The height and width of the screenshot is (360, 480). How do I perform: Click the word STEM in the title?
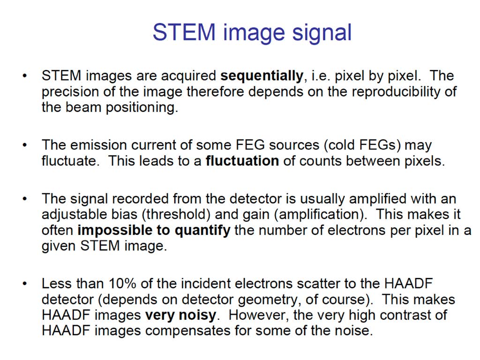(184, 32)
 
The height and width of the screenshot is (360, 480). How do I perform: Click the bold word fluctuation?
(242, 161)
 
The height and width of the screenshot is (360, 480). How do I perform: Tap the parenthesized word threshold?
(176, 215)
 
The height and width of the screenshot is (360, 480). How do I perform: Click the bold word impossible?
(115, 231)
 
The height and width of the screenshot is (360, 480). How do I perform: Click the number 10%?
(122, 284)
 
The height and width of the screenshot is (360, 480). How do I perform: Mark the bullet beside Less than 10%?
(24, 284)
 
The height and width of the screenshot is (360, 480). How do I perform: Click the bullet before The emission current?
(24, 145)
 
